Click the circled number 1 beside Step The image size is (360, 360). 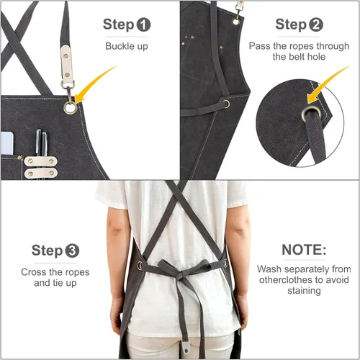click(x=143, y=25)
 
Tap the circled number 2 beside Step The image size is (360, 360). click(x=316, y=25)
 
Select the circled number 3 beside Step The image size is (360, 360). click(x=72, y=251)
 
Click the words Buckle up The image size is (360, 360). click(x=127, y=46)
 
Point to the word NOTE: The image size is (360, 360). click(x=304, y=250)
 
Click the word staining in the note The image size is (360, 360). click(x=304, y=291)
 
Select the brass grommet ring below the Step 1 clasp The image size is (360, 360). click(x=71, y=108)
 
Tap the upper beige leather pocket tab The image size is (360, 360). click(x=40, y=161)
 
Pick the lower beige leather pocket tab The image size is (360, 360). click(x=40, y=173)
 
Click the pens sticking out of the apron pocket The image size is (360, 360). click(x=41, y=143)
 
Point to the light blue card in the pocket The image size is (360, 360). click(x=7, y=143)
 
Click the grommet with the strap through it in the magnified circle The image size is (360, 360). click(x=310, y=114)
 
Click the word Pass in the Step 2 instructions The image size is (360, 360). click(x=259, y=46)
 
